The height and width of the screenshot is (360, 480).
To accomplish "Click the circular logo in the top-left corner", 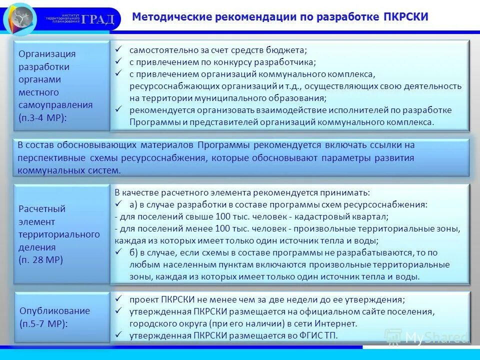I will click(20, 18).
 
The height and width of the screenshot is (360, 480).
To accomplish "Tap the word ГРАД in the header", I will click(98, 19).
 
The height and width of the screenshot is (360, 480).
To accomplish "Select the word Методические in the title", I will click(164, 16).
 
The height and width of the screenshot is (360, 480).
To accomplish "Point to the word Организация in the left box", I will click(47, 54).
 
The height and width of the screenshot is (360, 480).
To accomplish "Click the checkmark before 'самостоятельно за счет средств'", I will click(118, 49).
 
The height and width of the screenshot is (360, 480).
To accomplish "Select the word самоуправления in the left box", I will click(55, 105).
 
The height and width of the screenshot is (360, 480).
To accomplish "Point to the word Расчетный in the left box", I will click(42, 208).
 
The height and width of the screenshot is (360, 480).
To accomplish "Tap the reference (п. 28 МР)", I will click(41, 260).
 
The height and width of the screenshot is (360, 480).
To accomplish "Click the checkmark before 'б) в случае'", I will click(118, 252).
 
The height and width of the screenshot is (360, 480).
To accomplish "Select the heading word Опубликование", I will click(55, 310).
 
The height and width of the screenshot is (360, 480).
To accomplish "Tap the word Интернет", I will click(337, 323).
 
